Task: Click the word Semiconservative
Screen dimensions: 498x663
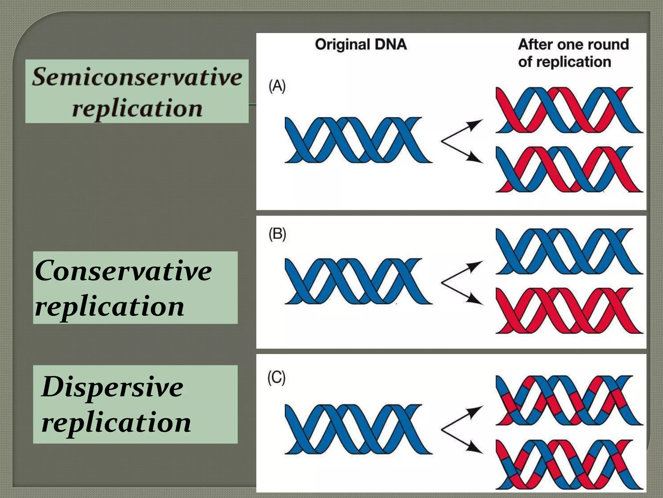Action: click(137, 77)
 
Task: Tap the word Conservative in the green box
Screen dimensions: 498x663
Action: click(123, 271)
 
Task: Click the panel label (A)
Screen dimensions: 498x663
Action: click(277, 86)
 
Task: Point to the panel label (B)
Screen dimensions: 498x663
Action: click(277, 234)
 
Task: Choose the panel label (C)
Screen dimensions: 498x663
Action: click(276, 378)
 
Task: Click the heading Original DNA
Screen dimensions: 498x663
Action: click(361, 44)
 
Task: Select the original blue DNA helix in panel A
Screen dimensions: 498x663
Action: click(358, 140)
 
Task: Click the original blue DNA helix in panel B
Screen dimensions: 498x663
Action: click(358, 281)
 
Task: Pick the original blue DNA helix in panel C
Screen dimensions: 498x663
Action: click(358, 429)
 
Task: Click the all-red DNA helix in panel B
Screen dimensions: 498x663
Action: click(569, 311)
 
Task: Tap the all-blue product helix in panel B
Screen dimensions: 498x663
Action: click(569, 252)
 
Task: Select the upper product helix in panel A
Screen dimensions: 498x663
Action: click(569, 110)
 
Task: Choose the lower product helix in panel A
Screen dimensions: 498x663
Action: click(569, 169)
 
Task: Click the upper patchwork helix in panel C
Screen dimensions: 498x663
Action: click(569, 400)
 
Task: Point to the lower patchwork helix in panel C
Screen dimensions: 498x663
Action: click(569, 464)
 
